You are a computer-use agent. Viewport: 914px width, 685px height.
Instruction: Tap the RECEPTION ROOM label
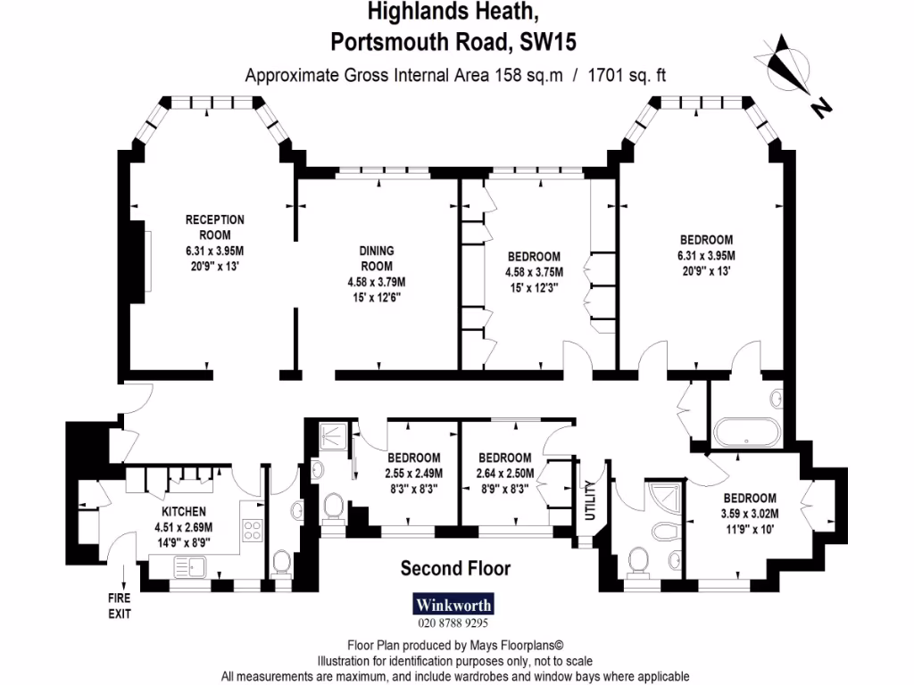click(x=214, y=227)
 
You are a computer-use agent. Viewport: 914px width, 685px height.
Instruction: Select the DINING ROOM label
click(x=376, y=259)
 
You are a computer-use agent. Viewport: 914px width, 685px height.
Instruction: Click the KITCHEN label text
click(x=184, y=511)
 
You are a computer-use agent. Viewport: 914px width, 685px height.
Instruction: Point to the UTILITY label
click(x=590, y=507)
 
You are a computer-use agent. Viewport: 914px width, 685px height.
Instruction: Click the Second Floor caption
click(x=455, y=568)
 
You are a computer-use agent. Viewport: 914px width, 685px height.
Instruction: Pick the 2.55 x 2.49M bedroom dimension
click(x=414, y=473)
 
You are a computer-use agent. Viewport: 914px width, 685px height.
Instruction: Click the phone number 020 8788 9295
click(x=454, y=624)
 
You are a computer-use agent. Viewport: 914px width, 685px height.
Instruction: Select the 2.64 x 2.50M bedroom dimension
click(x=504, y=473)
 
